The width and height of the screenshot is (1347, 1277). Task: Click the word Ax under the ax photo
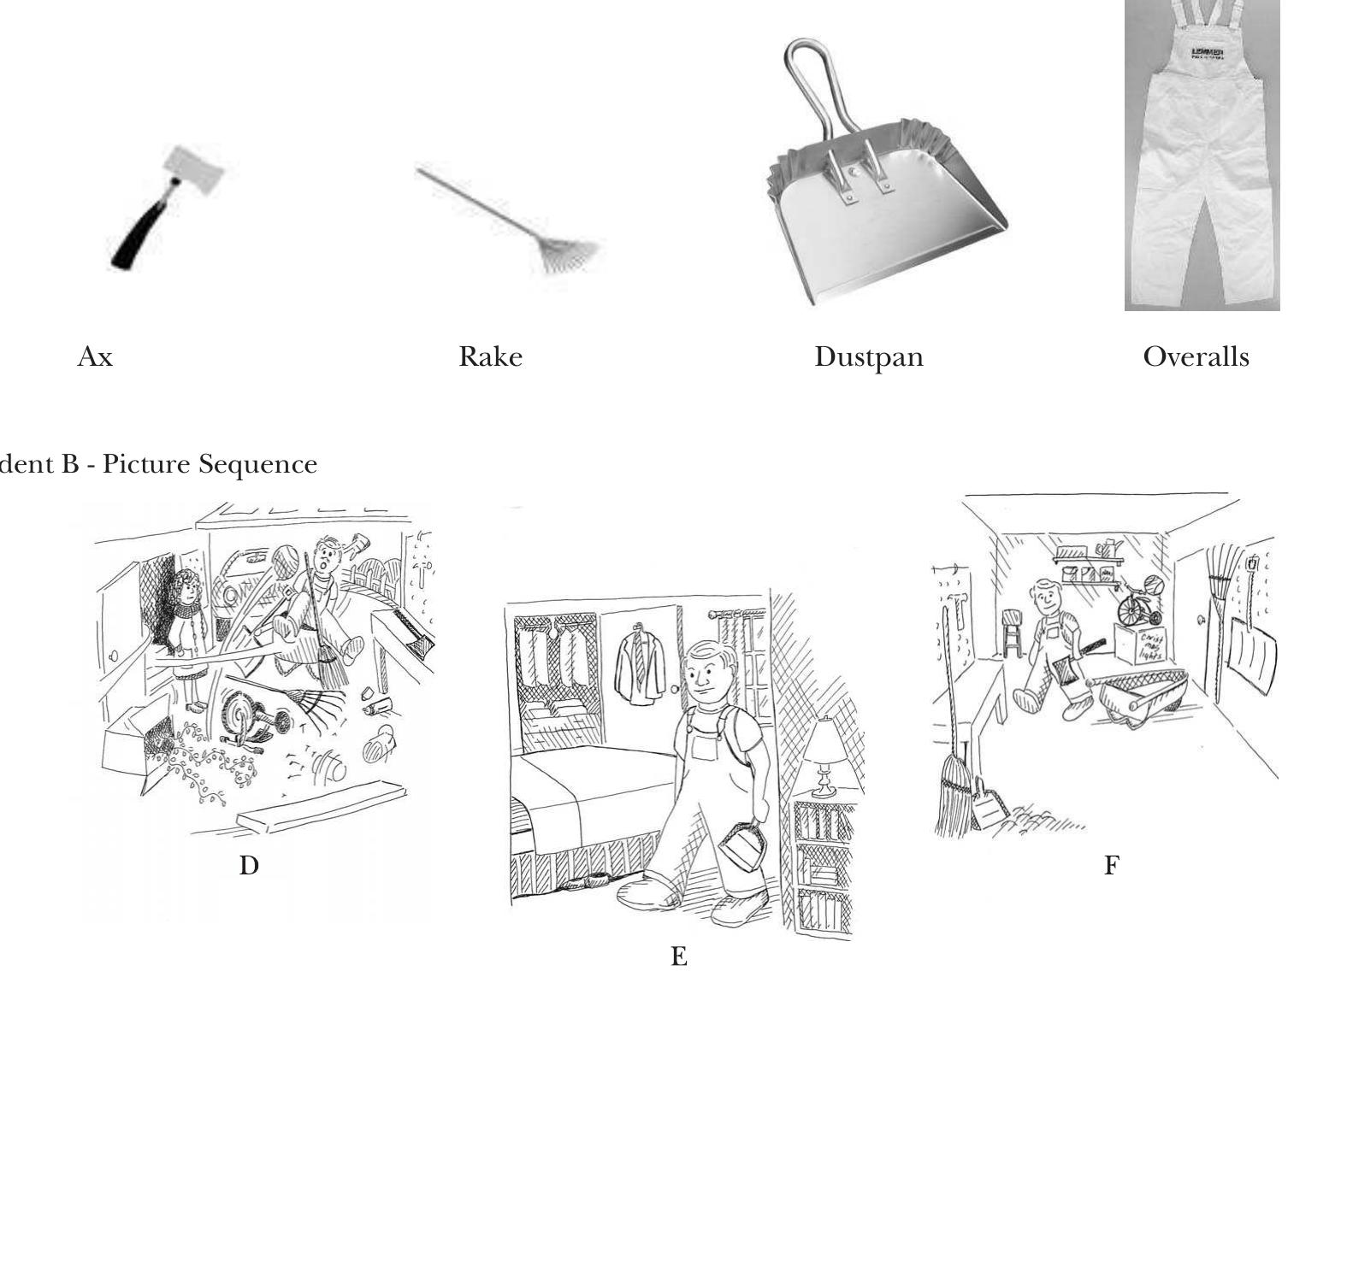95,356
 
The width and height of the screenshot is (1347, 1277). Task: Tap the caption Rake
490,356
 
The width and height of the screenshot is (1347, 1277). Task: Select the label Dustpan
868,356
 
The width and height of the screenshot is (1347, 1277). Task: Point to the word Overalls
1196,356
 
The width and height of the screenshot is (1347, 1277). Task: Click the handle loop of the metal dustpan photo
808,81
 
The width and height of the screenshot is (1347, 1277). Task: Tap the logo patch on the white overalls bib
1207,54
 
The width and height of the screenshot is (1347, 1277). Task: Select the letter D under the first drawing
249,866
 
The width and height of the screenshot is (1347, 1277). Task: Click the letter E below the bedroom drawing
679,956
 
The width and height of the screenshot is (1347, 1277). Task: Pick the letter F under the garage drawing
1111,866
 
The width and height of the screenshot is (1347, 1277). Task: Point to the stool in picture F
1013,633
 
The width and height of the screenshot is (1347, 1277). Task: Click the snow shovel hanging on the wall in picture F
1251,654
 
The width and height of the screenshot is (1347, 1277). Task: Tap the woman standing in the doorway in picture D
186,633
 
